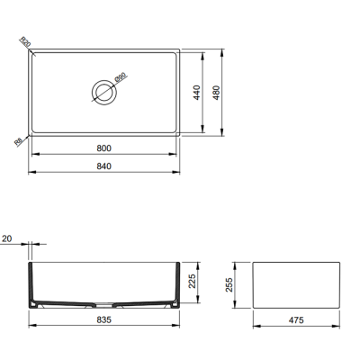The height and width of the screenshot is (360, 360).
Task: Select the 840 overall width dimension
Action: point(104,167)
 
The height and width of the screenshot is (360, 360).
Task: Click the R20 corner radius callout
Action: point(25,42)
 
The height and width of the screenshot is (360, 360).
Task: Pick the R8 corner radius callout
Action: point(20,140)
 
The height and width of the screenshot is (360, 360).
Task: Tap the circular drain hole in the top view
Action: point(102,91)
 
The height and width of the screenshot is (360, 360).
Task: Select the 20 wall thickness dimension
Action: point(7,239)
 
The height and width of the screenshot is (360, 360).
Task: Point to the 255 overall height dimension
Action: point(229,285)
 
